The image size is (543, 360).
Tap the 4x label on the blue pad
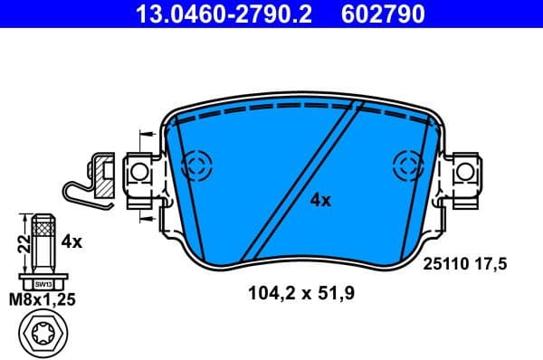pyautogui.click(x=320, y=201)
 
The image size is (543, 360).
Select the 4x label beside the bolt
pyautogui.click(x=71, y=242)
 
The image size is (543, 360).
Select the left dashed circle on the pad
pyautogui.click(x=195, y=166)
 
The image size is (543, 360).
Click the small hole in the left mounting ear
pyautogui.click(x=139, y=171)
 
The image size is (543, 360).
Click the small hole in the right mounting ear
pyautogui.click(x=465, y=170)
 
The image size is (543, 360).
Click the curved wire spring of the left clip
pyautogui.click(x=80, y=190)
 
